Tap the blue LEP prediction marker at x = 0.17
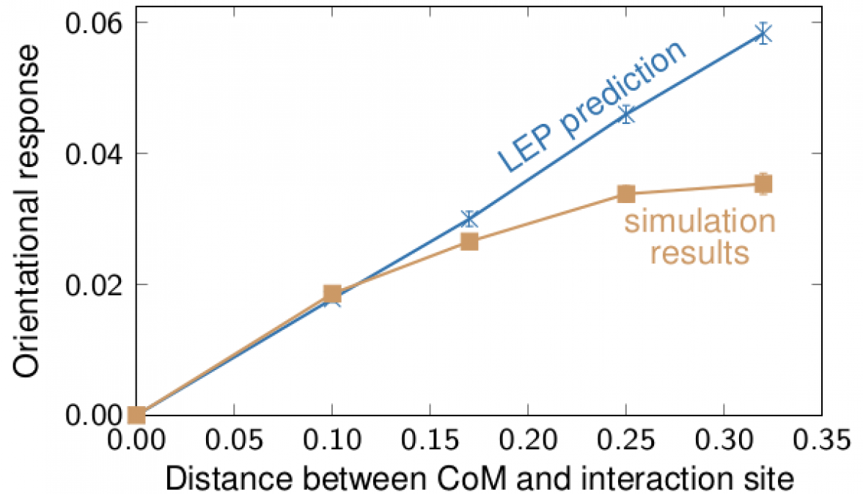click(x=469, y=218)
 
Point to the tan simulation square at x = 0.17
click(x=469, y=241)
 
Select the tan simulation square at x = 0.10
click(x=332, y=295)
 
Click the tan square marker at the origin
click(x=136, y=416)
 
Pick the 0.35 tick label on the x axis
click(x=821, y=441)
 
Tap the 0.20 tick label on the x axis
click(x=528, y=441)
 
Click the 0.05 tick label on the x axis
click(x=234, y=441)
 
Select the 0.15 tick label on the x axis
click(x=430, y=441)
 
